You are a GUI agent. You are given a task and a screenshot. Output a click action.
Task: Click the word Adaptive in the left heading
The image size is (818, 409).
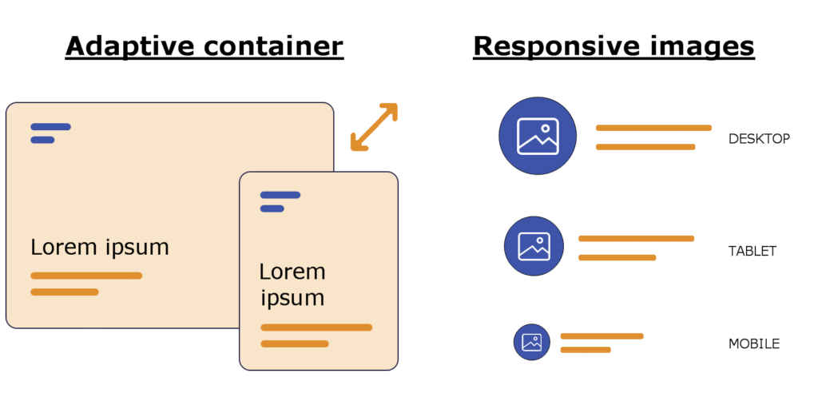pos(128,46)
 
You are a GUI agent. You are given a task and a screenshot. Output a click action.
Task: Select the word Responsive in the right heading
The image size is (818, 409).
pos(552,46)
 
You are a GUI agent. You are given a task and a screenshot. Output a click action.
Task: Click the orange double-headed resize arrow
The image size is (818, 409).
pos(374,126)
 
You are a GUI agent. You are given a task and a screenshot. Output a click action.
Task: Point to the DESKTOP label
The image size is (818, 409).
pos(759,139)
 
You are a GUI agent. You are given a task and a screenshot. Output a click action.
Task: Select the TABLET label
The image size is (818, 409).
pos(752,251)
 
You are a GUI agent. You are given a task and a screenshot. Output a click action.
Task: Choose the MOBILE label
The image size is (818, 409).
pos(753,344)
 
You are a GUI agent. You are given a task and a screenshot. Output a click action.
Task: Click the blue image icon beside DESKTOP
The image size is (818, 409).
pos(538,136)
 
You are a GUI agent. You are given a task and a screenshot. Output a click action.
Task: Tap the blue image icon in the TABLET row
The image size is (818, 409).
pos(534,246)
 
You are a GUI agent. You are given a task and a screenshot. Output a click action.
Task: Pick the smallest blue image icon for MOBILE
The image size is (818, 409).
pos(532,342)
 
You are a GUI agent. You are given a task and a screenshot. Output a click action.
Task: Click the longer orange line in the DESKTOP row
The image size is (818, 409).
pos(653,128)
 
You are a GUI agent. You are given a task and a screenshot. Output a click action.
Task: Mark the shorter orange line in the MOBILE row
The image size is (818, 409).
pos(586,350)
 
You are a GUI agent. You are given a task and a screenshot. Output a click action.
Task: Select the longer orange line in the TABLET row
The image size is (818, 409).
pos(636,239)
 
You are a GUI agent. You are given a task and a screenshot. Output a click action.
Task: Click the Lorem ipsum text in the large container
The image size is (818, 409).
pos(100,247)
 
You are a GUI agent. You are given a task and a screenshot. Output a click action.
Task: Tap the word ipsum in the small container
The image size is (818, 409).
pos(292,298)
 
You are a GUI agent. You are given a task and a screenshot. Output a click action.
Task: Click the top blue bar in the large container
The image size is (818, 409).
pos(50,126)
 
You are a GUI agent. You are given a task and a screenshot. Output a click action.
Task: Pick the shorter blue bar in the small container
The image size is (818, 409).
pos(272,208)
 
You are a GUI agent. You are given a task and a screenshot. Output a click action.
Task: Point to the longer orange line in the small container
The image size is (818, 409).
pos(316,328)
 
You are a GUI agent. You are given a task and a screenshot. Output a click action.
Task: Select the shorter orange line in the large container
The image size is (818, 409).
pos(65,292)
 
